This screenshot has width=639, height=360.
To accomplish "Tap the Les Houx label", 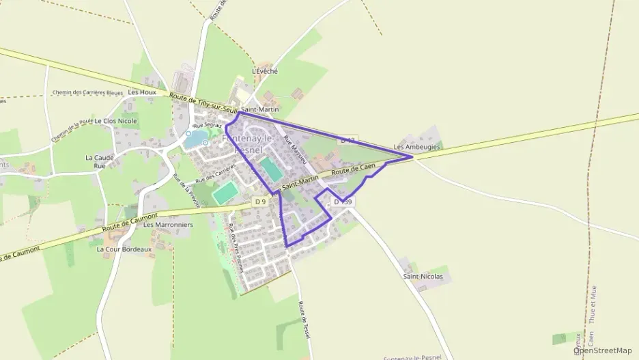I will coord(142,92).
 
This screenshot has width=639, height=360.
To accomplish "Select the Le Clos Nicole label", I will coord(115,121).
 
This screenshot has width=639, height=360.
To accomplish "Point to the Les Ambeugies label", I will coord(416,147).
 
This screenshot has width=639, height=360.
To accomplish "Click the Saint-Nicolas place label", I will coord(423,277).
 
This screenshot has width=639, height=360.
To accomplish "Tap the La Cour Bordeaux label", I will coord(124,249).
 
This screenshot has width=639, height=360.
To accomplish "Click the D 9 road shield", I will coord(260,202).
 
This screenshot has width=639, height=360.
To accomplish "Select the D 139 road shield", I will coord(343,202).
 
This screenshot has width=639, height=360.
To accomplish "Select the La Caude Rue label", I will coord(100,161).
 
